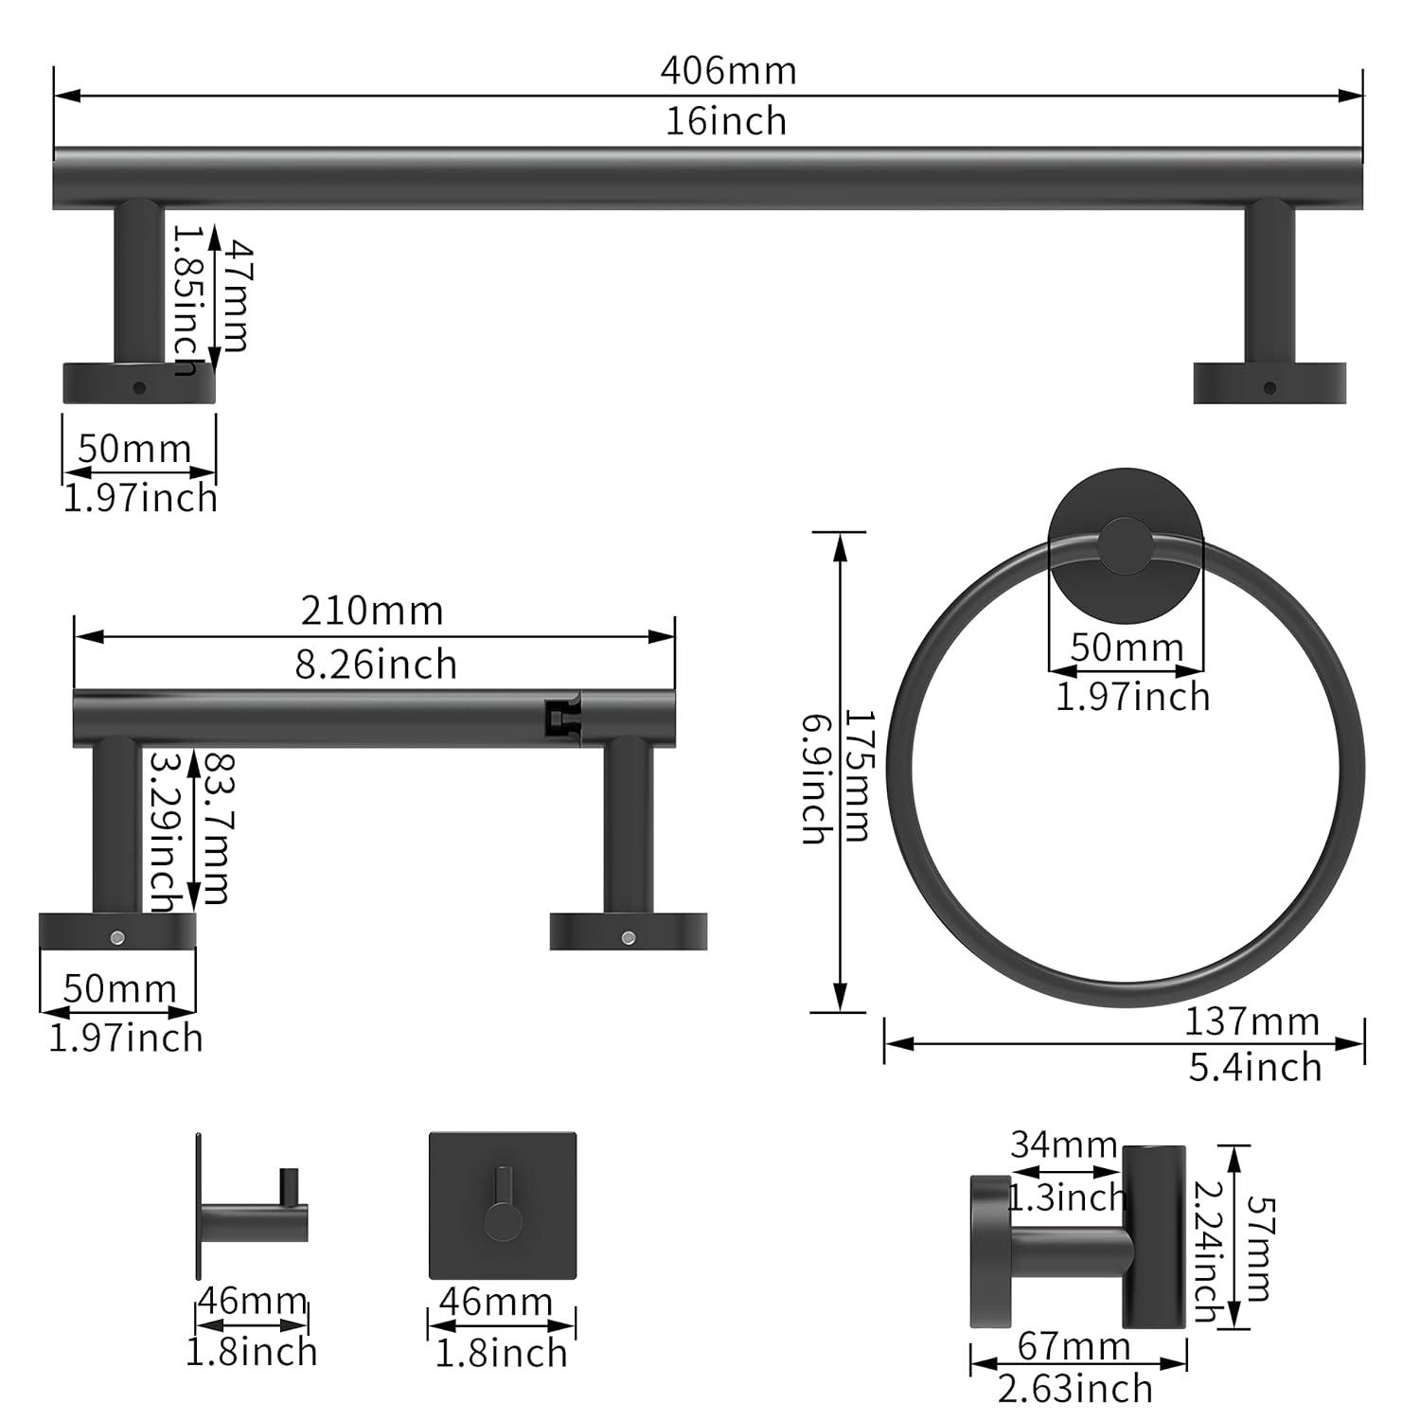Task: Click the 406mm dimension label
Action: click(728, 71)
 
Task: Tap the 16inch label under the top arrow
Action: click(726, 121)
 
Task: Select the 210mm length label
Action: click(372, 611)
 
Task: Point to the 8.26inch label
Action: click(376, 665)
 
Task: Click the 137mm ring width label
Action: click(1251, 1021)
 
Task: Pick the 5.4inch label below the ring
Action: click(1255, 1067)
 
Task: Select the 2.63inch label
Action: click(1075, 1389)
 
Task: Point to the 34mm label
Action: click(1063, 1145)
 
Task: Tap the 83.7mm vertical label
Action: click(216, 827)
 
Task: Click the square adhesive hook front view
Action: click(502, 1205)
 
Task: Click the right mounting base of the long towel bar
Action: click(1269, 382)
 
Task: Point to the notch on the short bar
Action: click(561, 718)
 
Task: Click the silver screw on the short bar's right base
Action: click(628, 937)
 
